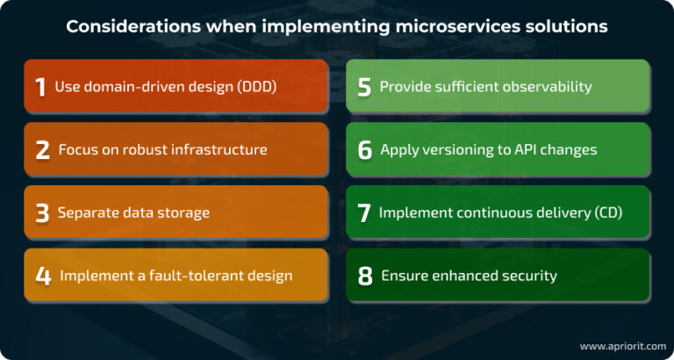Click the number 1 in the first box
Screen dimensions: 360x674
pos(40,86)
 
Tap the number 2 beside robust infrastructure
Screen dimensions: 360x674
pos(42,149)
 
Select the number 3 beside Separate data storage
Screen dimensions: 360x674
pos(42,212)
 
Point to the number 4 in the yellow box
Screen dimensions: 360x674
pos(43,276)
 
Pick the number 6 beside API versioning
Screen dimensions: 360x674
pos(365,149)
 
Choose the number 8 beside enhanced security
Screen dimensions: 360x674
pos(365,276)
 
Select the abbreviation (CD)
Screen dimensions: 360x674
pos(606,212)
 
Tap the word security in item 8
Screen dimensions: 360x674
pos(527,276)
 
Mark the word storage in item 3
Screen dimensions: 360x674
pos(182,212)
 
